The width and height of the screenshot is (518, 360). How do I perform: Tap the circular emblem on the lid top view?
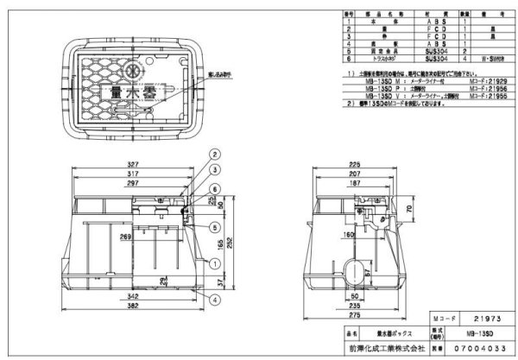coord(135,68)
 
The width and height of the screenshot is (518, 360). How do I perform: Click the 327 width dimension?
coord(131,162)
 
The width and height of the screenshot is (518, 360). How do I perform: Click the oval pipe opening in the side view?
coord(354,267)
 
